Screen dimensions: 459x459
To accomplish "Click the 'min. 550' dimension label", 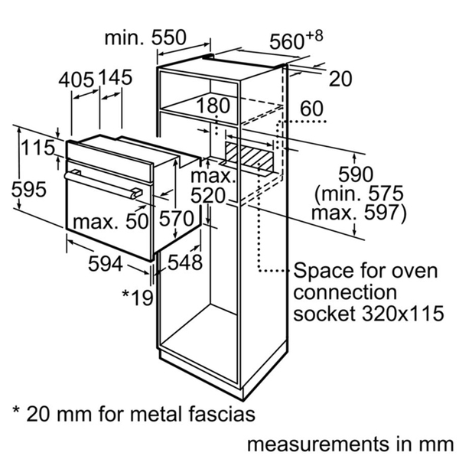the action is pyautogui.click(x=145, y=37).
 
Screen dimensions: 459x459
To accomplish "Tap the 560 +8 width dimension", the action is pyautogui.click(x=296, y=40).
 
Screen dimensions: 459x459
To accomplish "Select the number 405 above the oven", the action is pyautogui.click(x=76, y=80).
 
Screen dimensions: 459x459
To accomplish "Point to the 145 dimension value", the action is pyautogui.click(x=115, y=77).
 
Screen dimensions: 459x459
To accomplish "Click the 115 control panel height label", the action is pyautogui.click(x=38, y=148).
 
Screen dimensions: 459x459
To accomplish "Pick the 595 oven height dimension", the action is pyautogui.click(x=29, y=189).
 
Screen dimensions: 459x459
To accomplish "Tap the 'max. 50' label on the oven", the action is pyautogui.click(x=110, y=221).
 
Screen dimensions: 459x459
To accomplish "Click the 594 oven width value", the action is pyautogui.click(x=106, y=263).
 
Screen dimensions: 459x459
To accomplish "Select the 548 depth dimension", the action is pyautogui.click(x=185, y=262).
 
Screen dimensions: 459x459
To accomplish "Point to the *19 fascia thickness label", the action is pyautogui.click(x=138, y=298).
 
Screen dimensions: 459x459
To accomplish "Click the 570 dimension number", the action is pyautogui.click(x=177, y=219).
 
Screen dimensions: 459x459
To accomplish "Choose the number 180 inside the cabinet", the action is pyautogui.click(x=213, y=106).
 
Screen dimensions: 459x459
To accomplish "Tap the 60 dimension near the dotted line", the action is pyautogui.click(x=312, y=109).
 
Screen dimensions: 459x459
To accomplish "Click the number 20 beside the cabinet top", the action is pyautogui.click(x=340, y=79).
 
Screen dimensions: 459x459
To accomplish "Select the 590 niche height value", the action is pyautogui.click(x=356, y=174).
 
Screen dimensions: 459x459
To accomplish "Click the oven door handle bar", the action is pyautogui.click(x=103, y=185).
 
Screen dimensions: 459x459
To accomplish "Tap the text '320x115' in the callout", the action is pyautogui.click(x=403, y=314).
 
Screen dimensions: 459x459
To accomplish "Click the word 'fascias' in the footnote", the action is pyautogui.click(x=222, y=414).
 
